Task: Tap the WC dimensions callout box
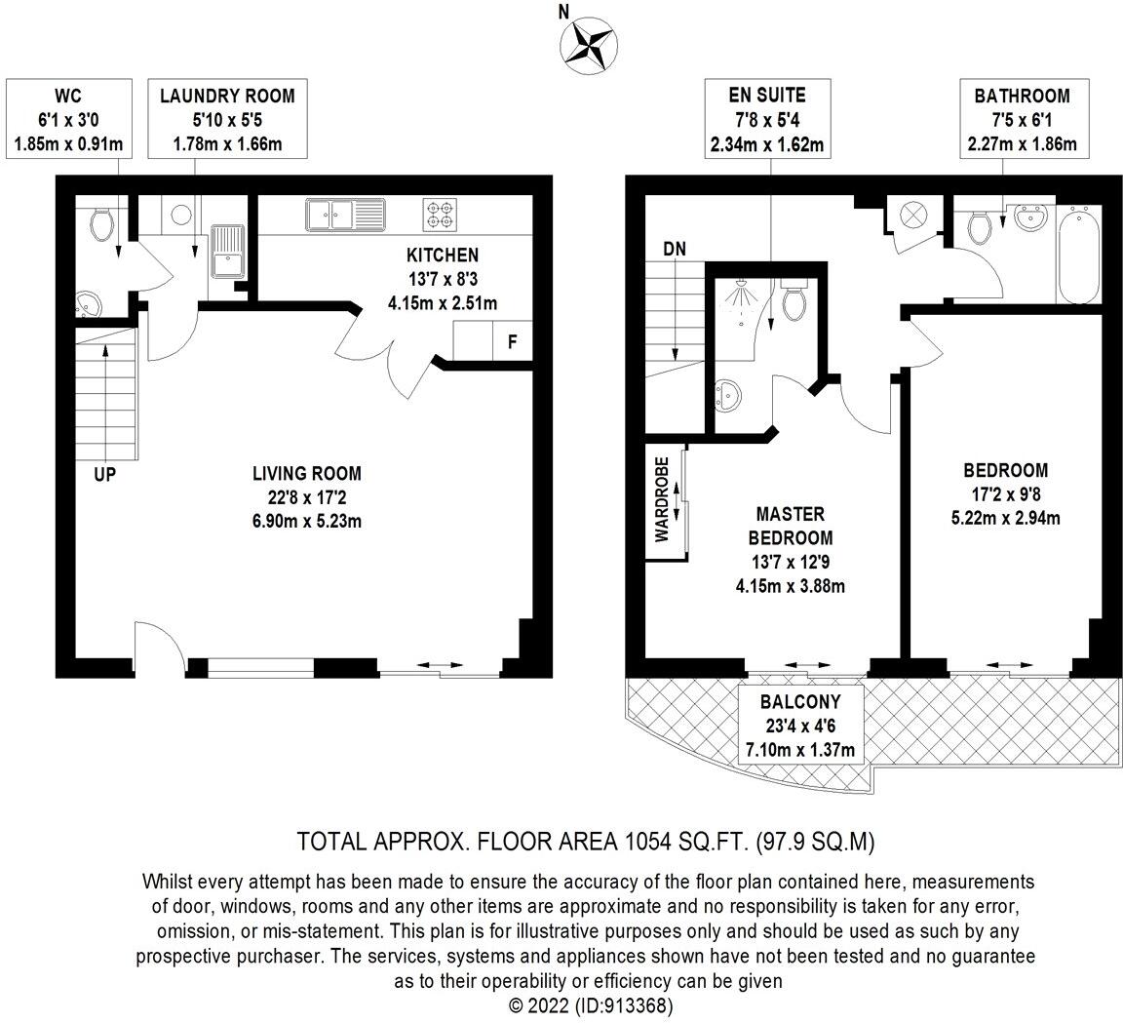pos(67,121)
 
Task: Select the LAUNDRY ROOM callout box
pos(226,121)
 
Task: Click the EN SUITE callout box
pos(767,121)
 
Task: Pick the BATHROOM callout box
pos(1021,121)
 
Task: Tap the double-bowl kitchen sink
pos(345,213)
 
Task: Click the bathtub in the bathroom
pos(1079,254)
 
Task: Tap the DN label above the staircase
pos(675,249)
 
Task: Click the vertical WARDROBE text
pos(661,499)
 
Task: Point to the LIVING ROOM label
pos(306,474)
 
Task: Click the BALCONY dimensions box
pos(799,726)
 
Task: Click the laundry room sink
pos(227,251)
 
